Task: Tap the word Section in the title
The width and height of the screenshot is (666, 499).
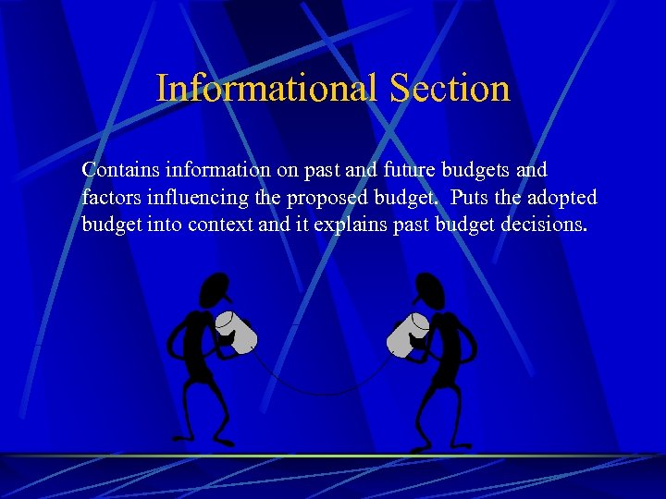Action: coord(450,89)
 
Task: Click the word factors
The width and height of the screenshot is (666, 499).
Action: coord(110,198)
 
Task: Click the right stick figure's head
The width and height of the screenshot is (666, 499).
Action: coord(427,290)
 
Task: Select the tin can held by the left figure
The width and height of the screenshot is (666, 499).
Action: coord(236,332)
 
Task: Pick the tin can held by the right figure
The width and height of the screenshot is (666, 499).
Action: coord(408,333)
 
